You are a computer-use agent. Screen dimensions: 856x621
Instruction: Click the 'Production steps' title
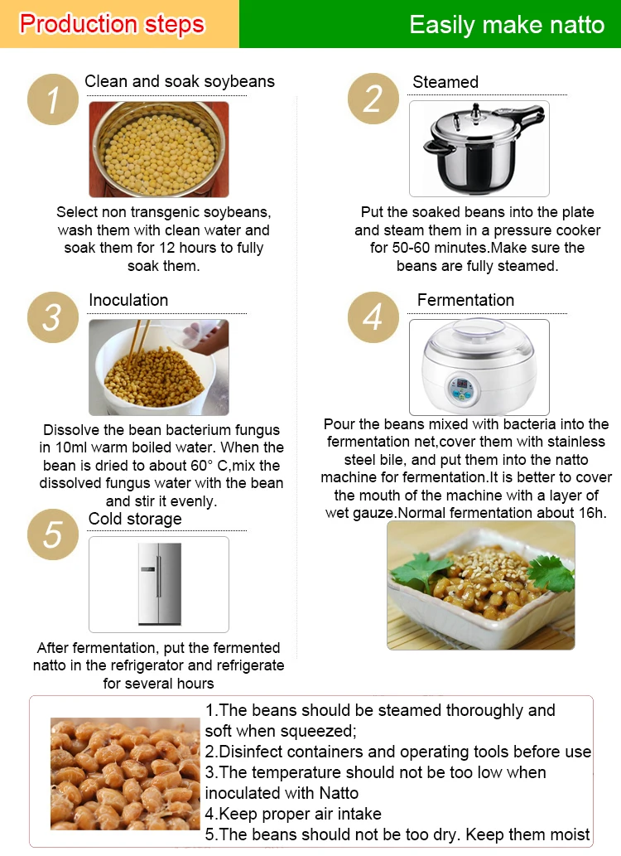coord(112,24)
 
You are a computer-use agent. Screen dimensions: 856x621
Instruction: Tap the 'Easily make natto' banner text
coord(507,25)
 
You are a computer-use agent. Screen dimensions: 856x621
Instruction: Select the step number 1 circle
coord(52,100)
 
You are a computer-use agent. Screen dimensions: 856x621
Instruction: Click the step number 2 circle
coord(373,99)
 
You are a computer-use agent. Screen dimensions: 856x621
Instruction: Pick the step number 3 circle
coord(52,317)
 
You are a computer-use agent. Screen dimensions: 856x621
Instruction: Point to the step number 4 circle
coord(373,317)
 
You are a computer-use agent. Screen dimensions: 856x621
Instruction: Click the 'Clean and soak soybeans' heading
coord(180,81)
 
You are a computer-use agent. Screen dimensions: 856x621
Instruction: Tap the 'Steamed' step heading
coord(445,82)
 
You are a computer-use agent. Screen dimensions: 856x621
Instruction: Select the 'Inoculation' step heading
coord(128,300)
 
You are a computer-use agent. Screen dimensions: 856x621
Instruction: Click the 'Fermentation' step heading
coord(465,300)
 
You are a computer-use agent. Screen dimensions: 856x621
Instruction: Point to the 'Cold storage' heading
coord(135,519)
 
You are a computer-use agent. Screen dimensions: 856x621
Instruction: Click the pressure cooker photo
coord(479,149)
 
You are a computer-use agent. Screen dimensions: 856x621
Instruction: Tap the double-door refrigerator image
coord(159,584)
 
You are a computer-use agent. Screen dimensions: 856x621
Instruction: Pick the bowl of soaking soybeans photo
coord(159,149)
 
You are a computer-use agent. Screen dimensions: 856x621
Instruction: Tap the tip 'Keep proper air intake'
coord(293,814)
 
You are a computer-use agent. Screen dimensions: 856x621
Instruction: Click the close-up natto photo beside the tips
coord(125,772)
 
